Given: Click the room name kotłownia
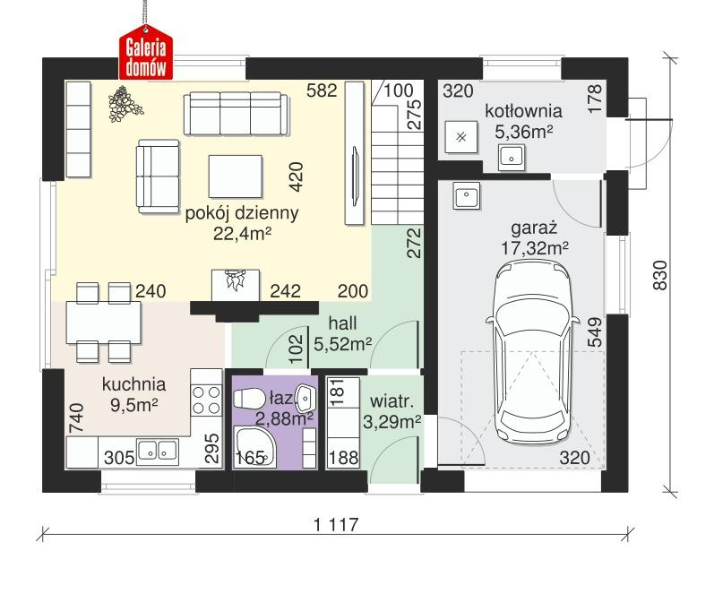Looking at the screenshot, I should pyautogui.click(x=523, y=112).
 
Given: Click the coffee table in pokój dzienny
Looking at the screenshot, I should pyautogui.click(x=235, y=174).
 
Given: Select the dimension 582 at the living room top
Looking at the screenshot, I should pyautogui.click(x=320, y=90).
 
